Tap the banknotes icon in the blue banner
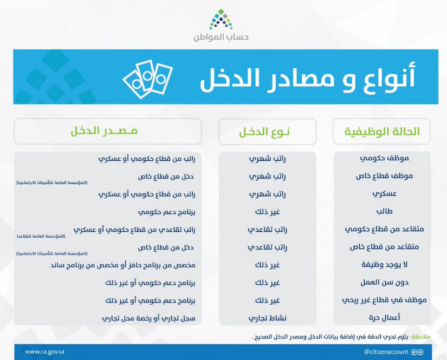pyautogui.click(x=147, y=76)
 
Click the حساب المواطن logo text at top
pyautogui.click(x=221, y=37)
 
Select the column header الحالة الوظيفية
pyautogui.click(x=382, y=132)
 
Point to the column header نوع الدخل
pyautogui.click(x=267, y=132)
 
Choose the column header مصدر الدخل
pyautogui.click(x=104, y=132)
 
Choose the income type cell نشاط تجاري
pyautogui.click(x=268, y=318)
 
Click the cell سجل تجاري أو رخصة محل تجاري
pyautogui.click(x=149, y=318)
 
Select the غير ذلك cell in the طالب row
pyautogui.click(x=267, y=212)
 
